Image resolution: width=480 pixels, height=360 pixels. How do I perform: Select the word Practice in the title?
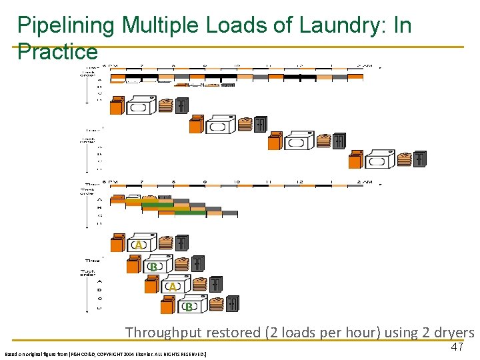(x=57, y=51)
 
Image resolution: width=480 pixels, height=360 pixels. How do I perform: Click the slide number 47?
(x=457, y=347)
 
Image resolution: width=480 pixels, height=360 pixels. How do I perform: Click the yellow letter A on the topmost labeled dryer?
(x=139, y=245)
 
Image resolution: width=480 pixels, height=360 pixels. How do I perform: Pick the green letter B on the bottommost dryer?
(x=189, y=307)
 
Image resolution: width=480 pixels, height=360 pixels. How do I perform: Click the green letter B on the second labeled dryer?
(x=153, y=267)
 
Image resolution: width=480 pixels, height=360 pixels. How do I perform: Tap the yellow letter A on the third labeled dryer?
(x=172, y=287)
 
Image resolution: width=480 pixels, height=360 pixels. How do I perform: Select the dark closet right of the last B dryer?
(x=231, y=304)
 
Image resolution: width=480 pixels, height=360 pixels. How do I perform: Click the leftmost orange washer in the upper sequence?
(x=117, y=105)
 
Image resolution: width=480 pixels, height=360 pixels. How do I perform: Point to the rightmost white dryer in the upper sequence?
(x=378, y=159)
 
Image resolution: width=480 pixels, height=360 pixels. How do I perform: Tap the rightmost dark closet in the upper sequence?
(x=419, y=159)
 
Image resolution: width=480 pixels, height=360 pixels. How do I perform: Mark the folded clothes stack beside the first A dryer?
(x=165, y=243)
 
